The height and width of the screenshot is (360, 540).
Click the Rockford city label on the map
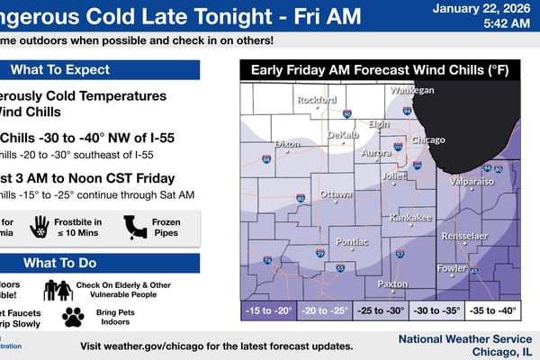point(317,100)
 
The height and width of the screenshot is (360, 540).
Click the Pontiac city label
point(350,242)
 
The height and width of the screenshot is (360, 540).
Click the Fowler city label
point(452,268)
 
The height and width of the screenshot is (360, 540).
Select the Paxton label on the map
point(392,283)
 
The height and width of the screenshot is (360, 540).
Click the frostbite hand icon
point(39,227)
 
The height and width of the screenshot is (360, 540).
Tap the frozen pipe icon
point(135,227)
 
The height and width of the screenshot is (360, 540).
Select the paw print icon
point(73,317)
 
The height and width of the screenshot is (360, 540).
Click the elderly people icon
point(58,290)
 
